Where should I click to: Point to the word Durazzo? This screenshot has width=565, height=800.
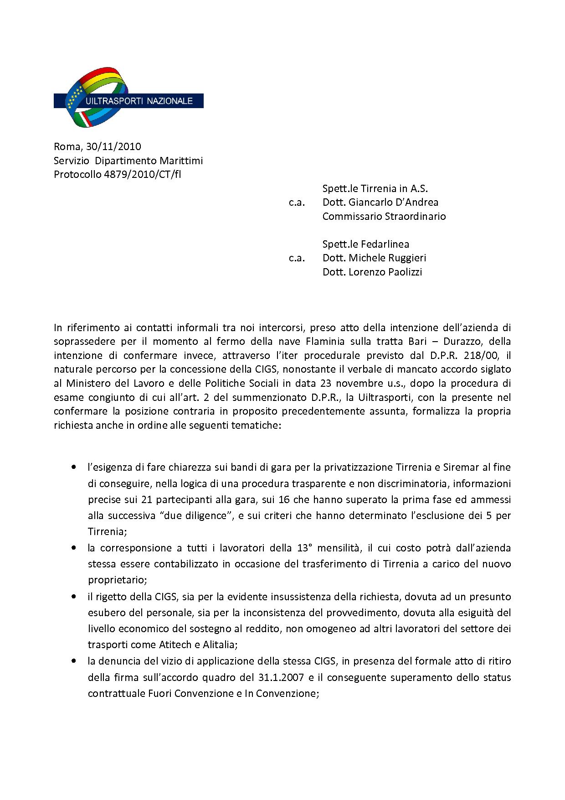click(x=426, y=341)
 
